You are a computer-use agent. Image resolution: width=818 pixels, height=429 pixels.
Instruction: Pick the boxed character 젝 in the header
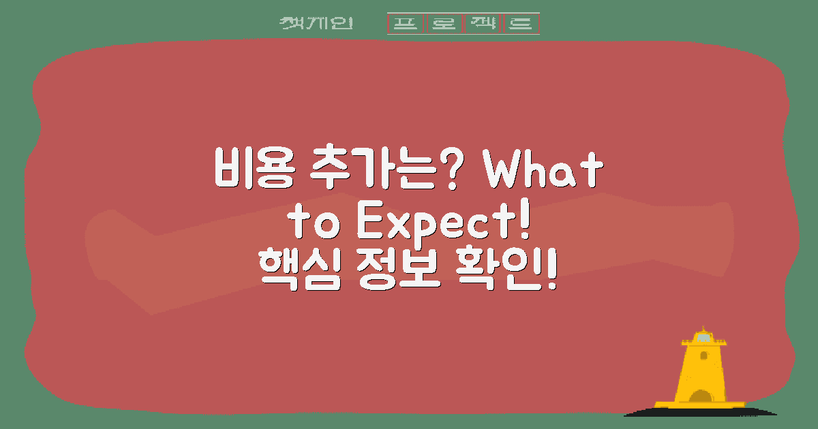click(x=483, y=24)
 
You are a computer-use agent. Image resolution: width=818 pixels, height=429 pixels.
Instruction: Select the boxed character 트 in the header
click(x=521, y=24)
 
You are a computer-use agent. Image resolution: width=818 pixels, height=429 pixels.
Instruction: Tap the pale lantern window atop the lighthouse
click(x=703, y=338)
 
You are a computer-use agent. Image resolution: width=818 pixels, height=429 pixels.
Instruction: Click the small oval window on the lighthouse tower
click(x=703, y=355)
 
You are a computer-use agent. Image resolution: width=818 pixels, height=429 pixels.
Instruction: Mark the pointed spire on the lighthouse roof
click(x=703, y=328)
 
